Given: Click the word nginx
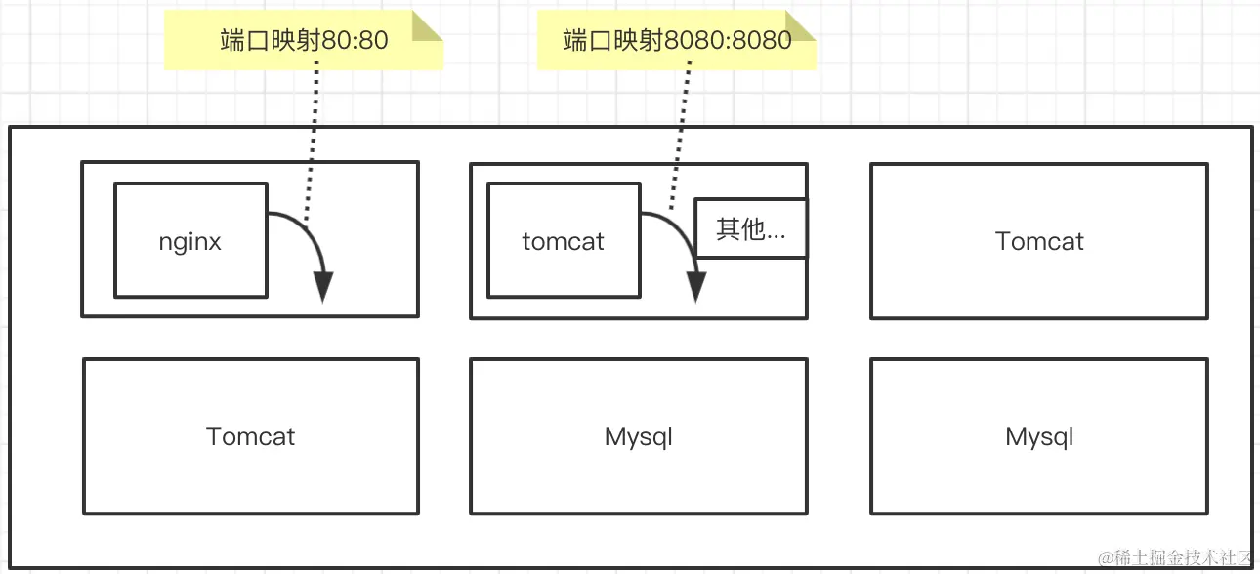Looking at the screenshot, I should click(190, 242).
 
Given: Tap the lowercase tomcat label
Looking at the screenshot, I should click(563, 242).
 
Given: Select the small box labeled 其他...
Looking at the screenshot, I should click(750, 229).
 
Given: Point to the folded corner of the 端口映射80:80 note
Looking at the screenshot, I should click(426, 25).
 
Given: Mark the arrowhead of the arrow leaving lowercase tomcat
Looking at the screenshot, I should click(696, 287).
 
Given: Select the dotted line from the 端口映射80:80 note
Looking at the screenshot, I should click(312, 146).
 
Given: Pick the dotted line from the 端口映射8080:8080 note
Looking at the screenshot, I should click(680, 137).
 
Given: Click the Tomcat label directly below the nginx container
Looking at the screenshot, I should click(251, 436).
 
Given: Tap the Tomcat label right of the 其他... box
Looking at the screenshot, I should click(1039, 241).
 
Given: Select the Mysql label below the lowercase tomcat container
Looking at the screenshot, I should click(639, 436).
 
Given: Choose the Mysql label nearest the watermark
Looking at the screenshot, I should click(1039, 436).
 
